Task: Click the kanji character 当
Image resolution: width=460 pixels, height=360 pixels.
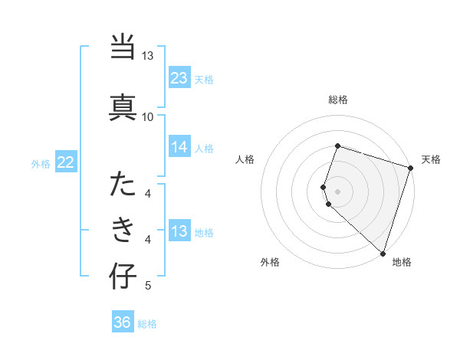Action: [x=123, y=48]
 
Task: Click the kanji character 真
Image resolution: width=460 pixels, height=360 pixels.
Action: [x=123, y=105]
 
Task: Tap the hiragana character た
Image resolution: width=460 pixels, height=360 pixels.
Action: [x=123, y=185]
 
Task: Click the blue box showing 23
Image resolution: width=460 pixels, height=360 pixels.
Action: [x=179, y=78]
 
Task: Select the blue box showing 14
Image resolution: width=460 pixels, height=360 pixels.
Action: [x=179, y=147]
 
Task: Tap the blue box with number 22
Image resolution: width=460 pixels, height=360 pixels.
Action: [x=65, y=162]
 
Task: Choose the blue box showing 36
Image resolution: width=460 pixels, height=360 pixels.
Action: [x=122, y=322]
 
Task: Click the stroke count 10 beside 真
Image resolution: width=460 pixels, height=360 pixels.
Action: [x=147, y=116]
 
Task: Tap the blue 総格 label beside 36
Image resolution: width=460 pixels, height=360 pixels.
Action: [x=147, y=324]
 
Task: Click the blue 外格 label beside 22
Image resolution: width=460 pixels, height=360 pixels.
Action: [x=41, y=163]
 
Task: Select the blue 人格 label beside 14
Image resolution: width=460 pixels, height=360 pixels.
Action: [x=204, y=149]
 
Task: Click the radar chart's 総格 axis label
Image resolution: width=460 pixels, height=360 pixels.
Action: [x=337, y=100]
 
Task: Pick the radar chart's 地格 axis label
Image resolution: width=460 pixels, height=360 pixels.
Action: [x=402, y=262]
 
